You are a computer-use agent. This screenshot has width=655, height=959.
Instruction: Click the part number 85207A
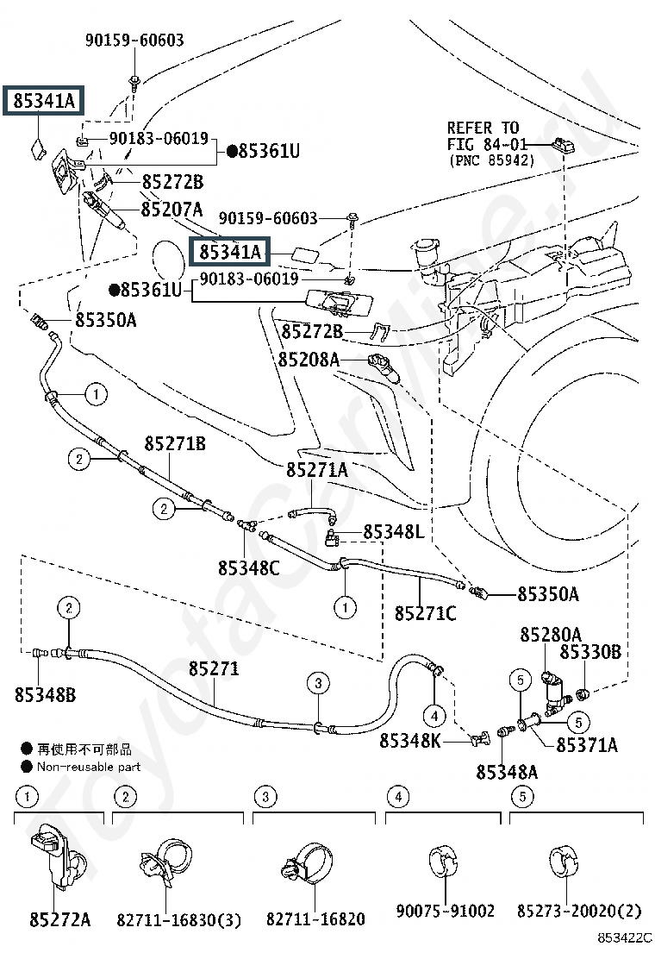coord(172,209)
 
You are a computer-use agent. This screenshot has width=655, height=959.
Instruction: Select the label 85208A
coord(309,359)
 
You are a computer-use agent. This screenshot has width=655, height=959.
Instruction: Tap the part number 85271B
coord(175,443)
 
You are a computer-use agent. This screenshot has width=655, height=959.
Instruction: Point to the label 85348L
coord(394,532)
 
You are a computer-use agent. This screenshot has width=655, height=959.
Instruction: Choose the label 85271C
coord(426,613)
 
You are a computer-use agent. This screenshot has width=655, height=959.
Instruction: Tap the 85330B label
coord(590,653)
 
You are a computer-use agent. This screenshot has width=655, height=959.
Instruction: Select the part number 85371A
coord(587,744)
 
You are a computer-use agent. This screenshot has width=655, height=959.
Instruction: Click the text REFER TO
coord(483,128)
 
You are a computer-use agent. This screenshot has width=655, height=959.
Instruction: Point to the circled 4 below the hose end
coord(434,715)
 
